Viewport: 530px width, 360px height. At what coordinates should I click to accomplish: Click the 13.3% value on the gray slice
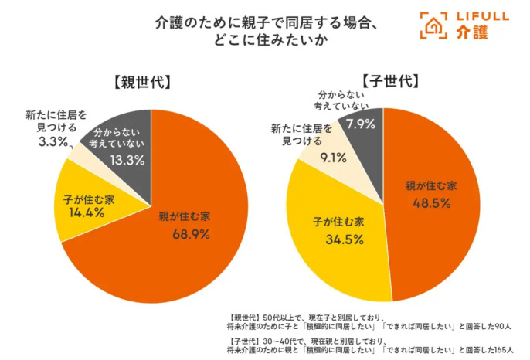tap(121, 159)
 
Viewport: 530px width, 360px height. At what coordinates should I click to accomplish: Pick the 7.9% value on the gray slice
tap(361, 124)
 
